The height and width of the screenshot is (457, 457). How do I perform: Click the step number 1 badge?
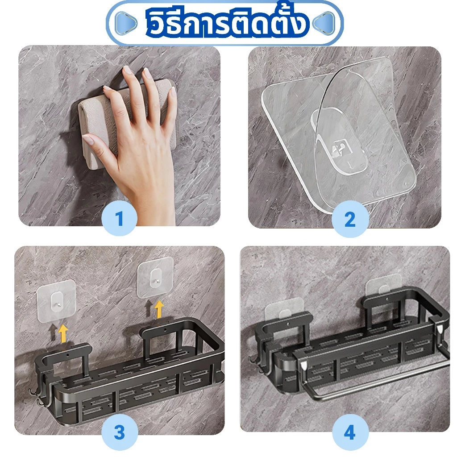119,218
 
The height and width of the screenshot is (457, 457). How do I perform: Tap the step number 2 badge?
350,219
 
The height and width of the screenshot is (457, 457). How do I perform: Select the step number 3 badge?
120,432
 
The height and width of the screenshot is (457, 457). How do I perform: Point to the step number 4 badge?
350,432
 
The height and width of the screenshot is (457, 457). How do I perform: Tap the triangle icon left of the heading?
125,22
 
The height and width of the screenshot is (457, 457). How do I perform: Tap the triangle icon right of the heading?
324,22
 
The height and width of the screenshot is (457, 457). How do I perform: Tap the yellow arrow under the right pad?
159,310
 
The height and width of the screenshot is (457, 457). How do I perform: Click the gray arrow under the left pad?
53,332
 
